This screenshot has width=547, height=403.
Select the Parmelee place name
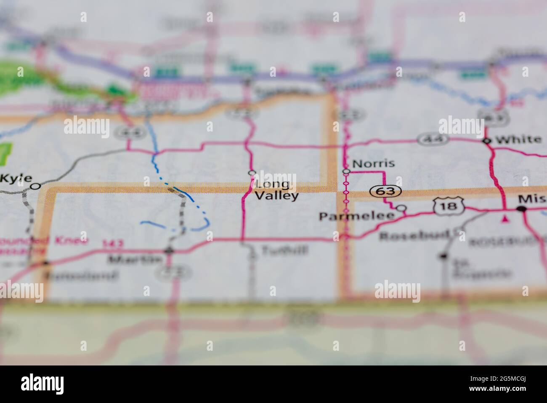[x=356, y=216]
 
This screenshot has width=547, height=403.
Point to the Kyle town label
[x=16, y=178]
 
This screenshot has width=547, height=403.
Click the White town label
[x=518, y=140]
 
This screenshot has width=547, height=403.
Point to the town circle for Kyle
[x=36, y=186]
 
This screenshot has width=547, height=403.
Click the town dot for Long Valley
[x=252, y=172]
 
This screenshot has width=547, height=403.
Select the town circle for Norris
[x=346, y=172]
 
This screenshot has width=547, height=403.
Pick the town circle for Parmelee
[x=402, y=208]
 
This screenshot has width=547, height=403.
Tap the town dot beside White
[x=487, y=141]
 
